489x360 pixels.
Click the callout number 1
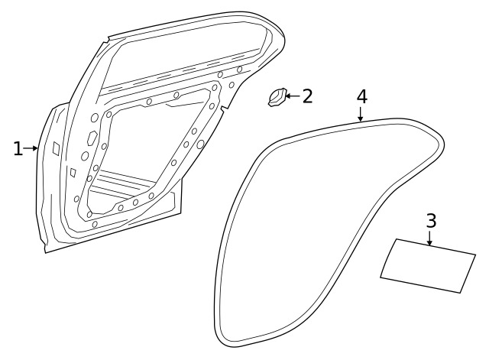point(18,149)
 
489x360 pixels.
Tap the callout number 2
point(307,96)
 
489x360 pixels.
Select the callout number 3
point(431,221)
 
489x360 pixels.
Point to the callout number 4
point(361,96)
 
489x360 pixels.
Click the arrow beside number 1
point(31,148)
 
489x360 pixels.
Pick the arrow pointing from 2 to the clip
point(293,96)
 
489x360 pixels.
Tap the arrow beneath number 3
point(430,238)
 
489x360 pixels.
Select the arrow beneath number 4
point(361,114)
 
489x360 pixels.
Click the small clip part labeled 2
point(277,97)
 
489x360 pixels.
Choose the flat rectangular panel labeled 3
point(428,266)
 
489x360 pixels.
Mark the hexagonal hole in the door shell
point(92,138)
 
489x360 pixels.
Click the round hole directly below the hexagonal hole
point(85,156)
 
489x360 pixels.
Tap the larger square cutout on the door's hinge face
point(56,148)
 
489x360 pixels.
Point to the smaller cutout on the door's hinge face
point(73,173)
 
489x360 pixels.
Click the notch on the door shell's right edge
point(224,110)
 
